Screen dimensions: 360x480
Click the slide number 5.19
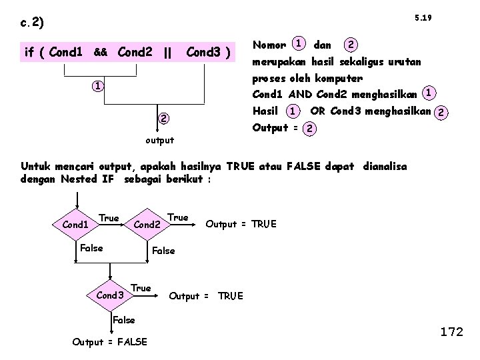pyautogui.click(x=423, y=17)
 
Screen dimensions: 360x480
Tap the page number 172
pyautogui.click(x=451, y=331)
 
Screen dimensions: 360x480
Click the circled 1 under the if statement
pyautogui.click(x=97, y=87)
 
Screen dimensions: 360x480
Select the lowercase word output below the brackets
pyautogui.click(x=159, y=140)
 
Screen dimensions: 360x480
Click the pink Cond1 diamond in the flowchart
pyautogui.click(x=75, y=225)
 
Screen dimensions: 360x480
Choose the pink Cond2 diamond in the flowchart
pyautogui.click(x=148, y=225)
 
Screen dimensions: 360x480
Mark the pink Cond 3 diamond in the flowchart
pyautogui.click(x=111, y=295)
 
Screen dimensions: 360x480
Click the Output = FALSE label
pyautogui.click(x=110, y=341)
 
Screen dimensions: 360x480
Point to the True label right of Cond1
pyautogui.click(x=109, y=218)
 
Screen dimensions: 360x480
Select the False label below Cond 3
pyautogui.click(x=123, y=320)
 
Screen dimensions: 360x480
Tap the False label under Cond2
pyautogui.click(x=163, y=251)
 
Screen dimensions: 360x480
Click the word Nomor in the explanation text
pyautogui.click(x=269, y=45)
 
